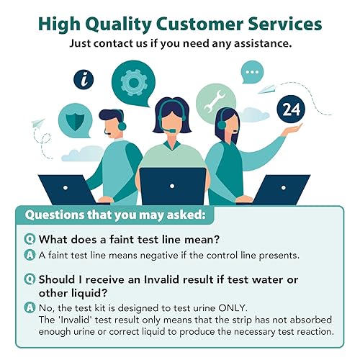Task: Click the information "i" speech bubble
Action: coord(86,79)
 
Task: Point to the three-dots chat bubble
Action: coord(251,73)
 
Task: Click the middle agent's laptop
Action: coord(173,186)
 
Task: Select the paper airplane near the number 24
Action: coord(268,89)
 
